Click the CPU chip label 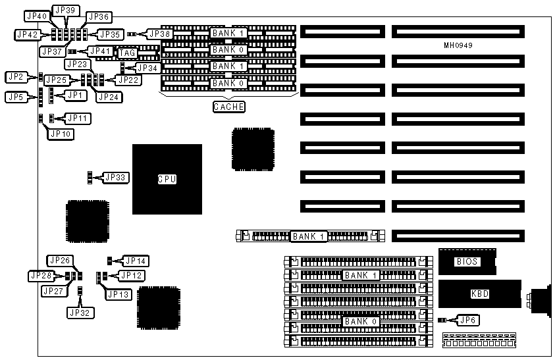167,179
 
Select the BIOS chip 467,261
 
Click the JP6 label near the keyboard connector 465,321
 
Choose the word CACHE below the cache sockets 229,107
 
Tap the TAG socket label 126,52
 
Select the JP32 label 80,313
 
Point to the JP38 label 159,33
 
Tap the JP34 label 147,67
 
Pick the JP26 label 59,261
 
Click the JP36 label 98,16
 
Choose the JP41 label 101,51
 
